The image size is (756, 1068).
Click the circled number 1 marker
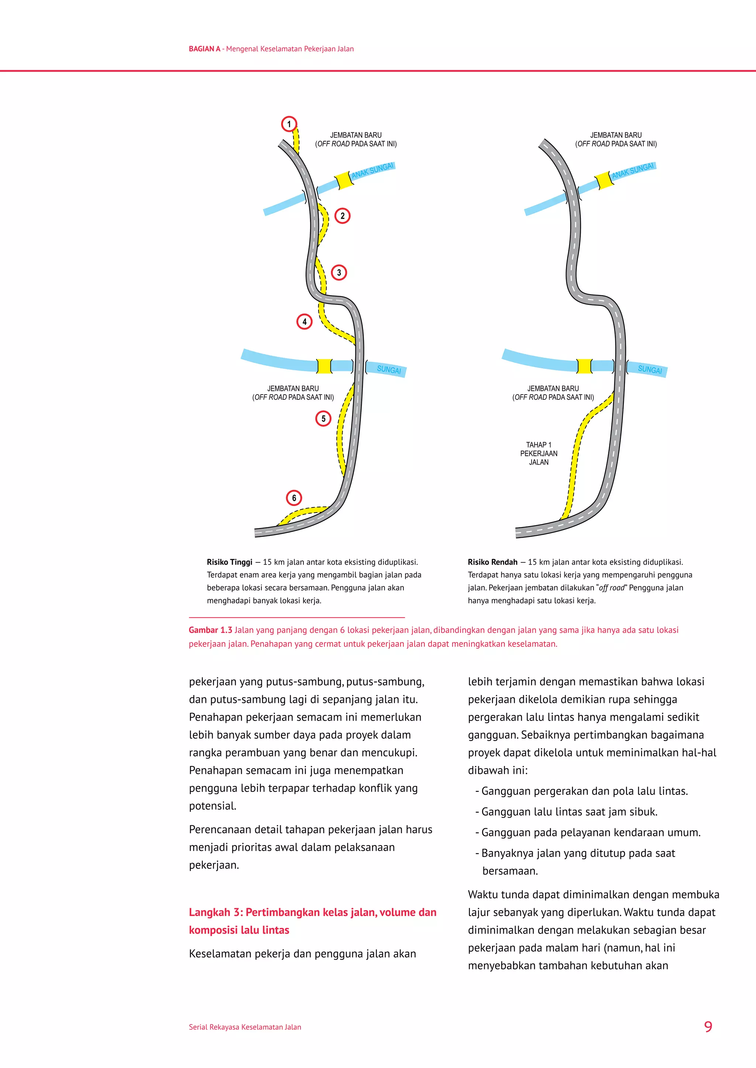click(x=289, y=124)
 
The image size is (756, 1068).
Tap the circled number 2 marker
click(x=343, y=216)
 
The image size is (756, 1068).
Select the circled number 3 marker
click(x=339, y=273)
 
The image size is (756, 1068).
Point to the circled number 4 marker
click(x=305, y=322)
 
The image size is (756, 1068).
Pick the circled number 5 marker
click(x=323, y=419)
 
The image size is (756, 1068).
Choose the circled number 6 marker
click(x=294, y=498)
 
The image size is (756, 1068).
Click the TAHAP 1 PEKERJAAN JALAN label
click(x=539, y=454)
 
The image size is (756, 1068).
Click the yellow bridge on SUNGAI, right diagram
click(x=584, y=366)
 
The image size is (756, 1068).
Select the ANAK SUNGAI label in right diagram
click(x=633, y=171)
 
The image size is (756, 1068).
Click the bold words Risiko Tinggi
click(x=230, y=562)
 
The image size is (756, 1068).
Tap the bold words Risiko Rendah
click(x=492, y=562)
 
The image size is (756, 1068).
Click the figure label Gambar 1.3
click(x=210, y=630)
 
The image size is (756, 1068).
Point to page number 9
click(x=708, y=1027)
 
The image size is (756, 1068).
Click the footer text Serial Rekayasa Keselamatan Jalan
click(x=245, y=1027)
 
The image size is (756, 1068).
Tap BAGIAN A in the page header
click(x=205, y=49)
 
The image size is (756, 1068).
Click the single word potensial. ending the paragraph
click(x=213, y=806)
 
